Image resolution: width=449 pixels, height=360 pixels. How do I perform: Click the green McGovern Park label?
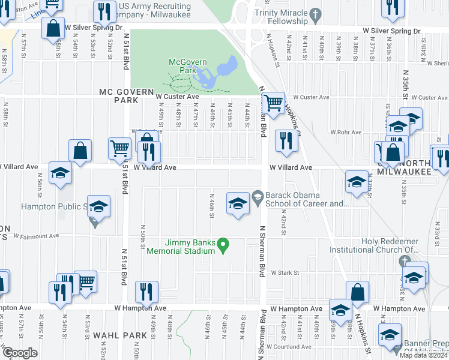(x=182, y=66)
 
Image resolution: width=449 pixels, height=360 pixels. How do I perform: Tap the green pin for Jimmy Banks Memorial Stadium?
(x=223, y=244)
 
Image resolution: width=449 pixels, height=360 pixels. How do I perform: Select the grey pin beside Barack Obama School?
(x=258, y=196)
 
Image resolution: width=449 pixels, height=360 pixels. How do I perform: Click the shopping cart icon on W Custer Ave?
(x=274, y=103)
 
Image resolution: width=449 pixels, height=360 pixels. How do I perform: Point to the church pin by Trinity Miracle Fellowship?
(x=315, y=13)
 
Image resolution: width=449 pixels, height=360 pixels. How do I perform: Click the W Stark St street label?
(x=285, y=272)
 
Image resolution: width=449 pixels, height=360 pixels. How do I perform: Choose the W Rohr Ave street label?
(x=346, y=132)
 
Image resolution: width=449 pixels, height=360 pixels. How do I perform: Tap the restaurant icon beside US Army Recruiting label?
(x=104, y=11)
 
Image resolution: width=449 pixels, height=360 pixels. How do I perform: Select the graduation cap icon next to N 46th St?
(x=238, y=203)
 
